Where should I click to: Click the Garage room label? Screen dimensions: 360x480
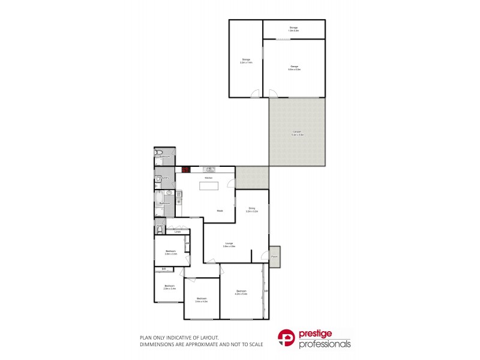coord(294,68)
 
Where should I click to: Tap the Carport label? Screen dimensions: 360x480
coord(297,133)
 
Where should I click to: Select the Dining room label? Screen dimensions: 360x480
coord(252,209)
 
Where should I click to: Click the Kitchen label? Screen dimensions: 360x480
coord(209,178)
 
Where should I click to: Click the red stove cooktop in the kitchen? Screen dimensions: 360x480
coord(186,170)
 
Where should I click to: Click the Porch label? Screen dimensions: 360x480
coord(275,256)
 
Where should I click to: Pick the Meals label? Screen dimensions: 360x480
coord(220,211)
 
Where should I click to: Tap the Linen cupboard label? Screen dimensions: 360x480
coord(178,232)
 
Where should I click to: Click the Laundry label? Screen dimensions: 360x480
coord(164,178)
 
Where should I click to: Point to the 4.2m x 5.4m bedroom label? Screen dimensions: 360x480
coord(241,292)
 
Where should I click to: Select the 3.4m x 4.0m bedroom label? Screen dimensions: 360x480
coord(201,299)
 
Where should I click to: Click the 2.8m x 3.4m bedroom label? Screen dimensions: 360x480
coord(169,287)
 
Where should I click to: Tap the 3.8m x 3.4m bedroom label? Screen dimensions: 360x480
coord(170,253)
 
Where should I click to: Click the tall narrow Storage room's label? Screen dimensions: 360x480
coord(245,61)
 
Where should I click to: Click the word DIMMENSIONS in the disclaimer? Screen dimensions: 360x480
coord(158,344)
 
